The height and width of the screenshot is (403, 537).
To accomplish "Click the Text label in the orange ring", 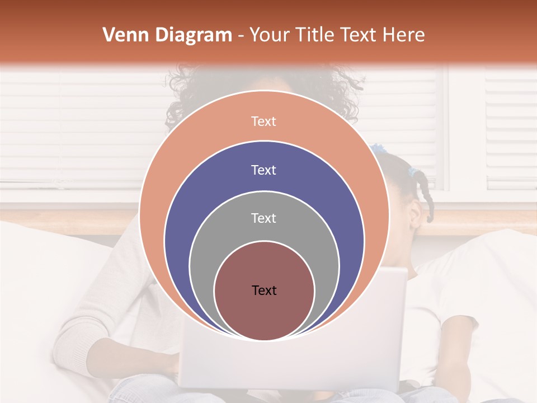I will pos(263,121).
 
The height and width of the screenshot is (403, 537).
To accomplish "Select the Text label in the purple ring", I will pos(263,170).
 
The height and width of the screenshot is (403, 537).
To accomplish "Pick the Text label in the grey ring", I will pos(263,218).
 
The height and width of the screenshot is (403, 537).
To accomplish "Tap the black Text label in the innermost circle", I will pos(264,290).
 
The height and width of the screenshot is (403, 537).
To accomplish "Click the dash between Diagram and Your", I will pos(241,35).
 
